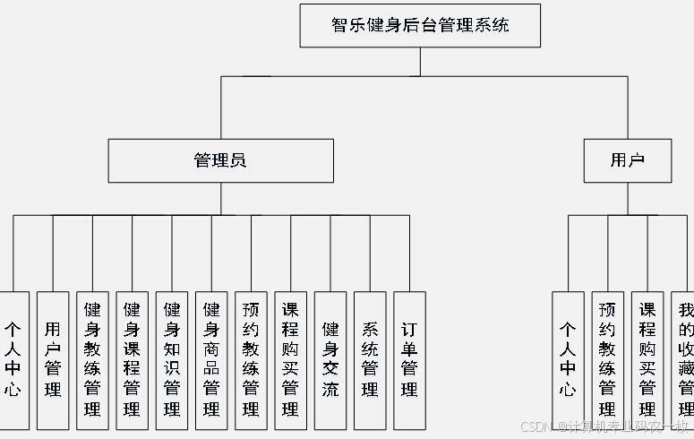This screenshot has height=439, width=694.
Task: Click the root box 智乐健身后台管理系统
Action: click(420, 25)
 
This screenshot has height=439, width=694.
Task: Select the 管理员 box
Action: click(220, 160)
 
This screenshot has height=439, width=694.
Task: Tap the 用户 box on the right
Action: click(627, 160)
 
